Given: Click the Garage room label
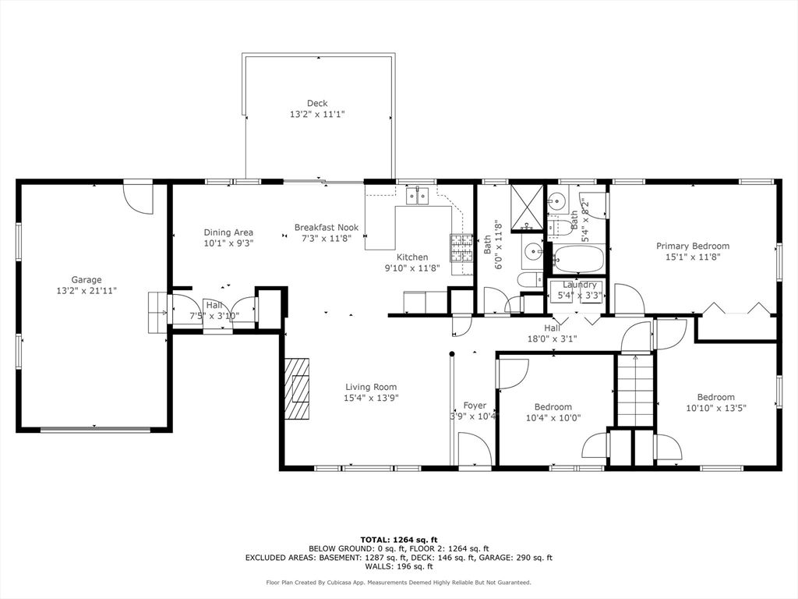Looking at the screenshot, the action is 87,280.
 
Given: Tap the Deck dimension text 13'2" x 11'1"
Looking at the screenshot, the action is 318,115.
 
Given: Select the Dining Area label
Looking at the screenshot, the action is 228,232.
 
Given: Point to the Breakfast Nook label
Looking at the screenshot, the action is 327,228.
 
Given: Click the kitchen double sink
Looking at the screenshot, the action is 418,196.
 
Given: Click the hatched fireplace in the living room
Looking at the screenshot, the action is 297,388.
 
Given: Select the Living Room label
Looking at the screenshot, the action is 371,387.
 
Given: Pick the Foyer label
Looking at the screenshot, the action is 475,406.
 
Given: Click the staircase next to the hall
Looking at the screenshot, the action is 635,390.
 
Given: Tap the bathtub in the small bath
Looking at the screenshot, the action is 579,259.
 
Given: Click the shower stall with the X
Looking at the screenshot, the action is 528,207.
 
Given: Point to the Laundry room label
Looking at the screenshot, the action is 580,285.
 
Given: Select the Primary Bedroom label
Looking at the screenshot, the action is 693,246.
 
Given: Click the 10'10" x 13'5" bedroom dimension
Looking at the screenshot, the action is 716,408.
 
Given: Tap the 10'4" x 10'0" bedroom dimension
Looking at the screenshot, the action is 553,418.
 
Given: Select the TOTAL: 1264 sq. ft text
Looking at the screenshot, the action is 399,540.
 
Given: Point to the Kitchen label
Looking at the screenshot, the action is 412,257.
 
